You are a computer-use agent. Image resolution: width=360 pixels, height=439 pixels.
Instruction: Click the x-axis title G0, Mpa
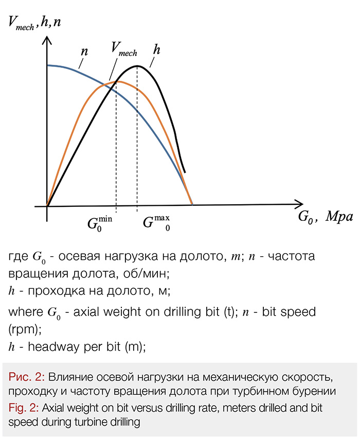pos(326,217)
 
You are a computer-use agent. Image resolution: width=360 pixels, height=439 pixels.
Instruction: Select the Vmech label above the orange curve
pos(123,49)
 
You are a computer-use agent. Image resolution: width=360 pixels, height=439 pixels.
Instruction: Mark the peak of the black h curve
pos(137,66)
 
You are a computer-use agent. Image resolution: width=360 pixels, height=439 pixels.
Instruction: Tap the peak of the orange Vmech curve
pos(117,81)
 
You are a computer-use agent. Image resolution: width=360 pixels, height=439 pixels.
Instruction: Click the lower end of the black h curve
pos(185,172)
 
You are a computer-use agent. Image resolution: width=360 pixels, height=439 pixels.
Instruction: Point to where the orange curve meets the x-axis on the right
pos(192,205)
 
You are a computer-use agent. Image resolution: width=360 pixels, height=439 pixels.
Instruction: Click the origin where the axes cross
pos(47,206)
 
